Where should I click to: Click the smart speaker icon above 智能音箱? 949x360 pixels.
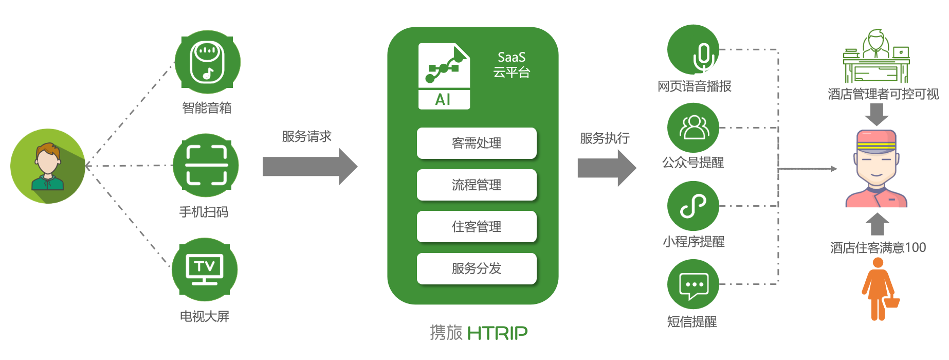pyautogui.click(x=207, y=62)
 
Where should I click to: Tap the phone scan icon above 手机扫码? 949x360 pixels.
pyautogui.click(x=206, y=165)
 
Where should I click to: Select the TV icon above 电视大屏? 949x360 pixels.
pyautogui.click(x=205, y=269)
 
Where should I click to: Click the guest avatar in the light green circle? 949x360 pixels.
pyautogui.click(x=48, y=166)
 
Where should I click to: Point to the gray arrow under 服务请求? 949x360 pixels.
pyautogui.click(x=310, y=166)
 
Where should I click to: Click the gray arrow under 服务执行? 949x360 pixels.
pyautogui.click(x=607, y=168)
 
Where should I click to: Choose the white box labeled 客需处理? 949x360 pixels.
pyautogui.click(x=477, y=143)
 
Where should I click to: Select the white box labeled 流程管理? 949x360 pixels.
pyautogui.click(x=477, y=185)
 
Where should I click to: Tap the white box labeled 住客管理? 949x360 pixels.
pyautogui.click(x=477, y=226)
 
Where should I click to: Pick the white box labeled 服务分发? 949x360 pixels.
pyautogui.click(x=477, y=268)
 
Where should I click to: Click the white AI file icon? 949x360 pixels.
pyautogui.click(x=444, y=76)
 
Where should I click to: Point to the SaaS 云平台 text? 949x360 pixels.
pyautogui.click(x=512, y=65)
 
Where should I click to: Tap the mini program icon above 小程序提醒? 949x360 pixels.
pyautogui.click(x=693, y=206)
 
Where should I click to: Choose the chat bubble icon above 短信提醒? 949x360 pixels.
pyautogui.click(x=693, y=284)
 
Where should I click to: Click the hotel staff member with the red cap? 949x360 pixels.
pyautogui.click(x=877, y=168)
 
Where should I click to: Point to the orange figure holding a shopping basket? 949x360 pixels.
pyautogui.click(x=880, y=289)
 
